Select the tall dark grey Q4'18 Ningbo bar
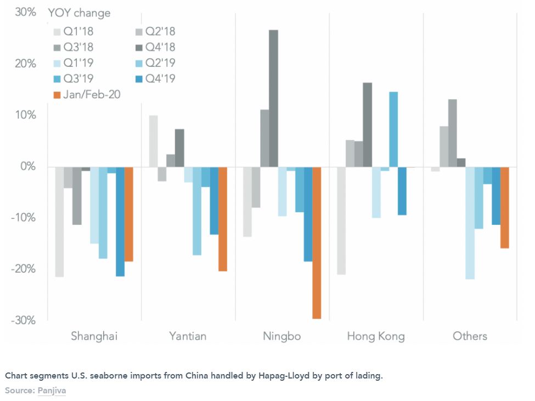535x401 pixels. click(273, 98)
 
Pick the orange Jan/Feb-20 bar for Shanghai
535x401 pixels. click(129, 214)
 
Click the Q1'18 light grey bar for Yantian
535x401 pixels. click(154, 141)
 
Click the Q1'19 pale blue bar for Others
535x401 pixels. click(470, 223)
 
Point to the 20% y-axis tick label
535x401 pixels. click(25, 64)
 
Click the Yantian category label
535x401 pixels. click(188, 336)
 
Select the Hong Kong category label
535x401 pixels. click(376, 336)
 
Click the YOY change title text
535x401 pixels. click(79, 13)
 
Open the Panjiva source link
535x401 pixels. click(52, 391)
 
